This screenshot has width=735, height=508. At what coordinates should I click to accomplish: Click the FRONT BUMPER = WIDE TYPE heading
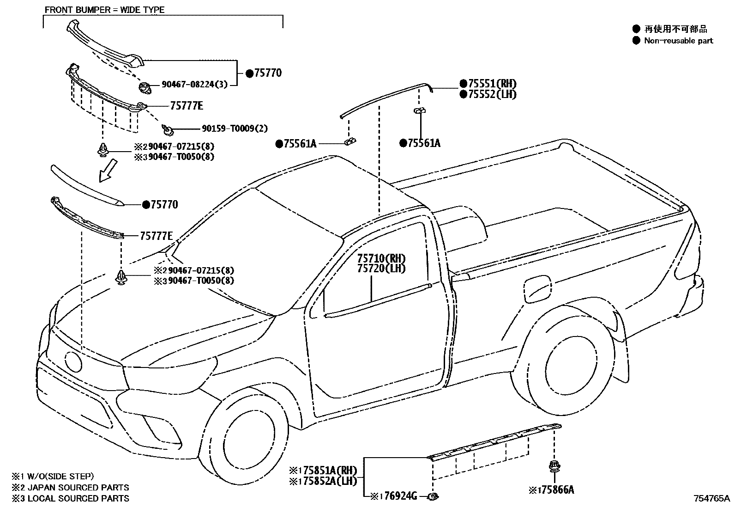pos(104,10)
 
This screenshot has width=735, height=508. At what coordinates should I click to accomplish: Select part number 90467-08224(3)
pos(194,85)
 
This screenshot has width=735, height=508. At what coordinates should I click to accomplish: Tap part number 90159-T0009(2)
pos(235,129)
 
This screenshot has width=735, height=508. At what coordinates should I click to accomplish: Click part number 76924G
pos(400,496)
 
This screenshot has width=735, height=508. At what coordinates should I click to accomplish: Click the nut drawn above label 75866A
pos(552,466)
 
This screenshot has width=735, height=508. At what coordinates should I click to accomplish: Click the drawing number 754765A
pos(711,498)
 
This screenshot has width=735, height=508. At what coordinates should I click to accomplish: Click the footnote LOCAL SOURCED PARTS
pos(78,498)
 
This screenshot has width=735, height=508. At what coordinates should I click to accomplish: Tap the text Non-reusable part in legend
pos(678,41)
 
